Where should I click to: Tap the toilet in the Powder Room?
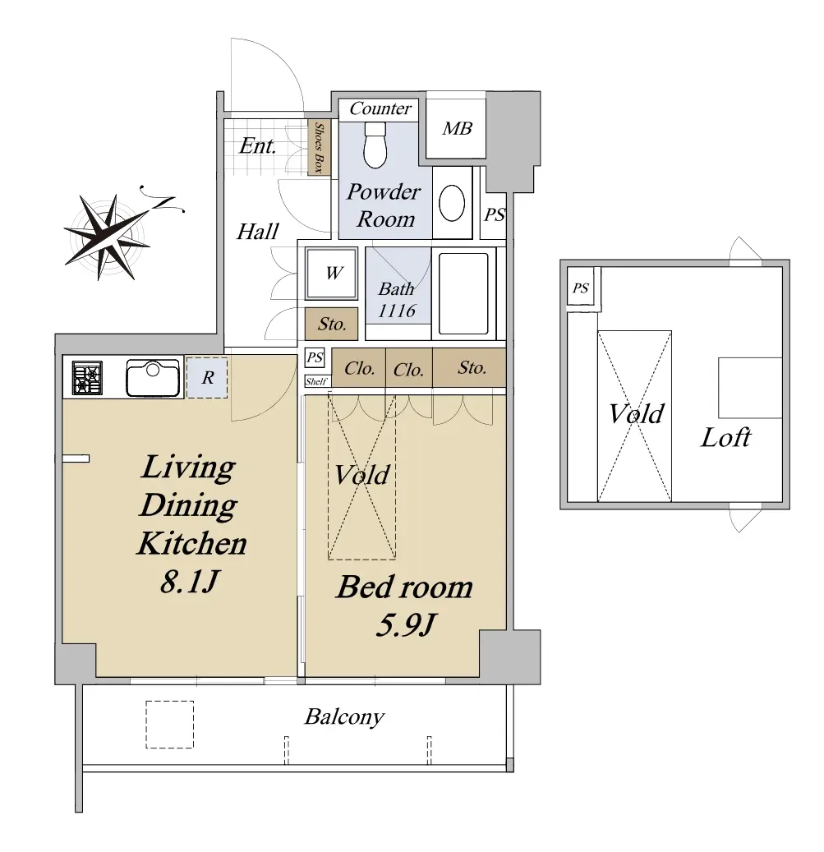(375, 144)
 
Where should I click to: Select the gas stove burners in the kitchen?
(87, 378)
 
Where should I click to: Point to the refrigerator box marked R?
(207, 377)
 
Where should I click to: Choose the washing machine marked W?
(331, 273)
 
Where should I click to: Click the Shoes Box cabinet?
(320, 148)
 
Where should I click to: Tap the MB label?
(457, 128)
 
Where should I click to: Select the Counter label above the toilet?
(380, 108)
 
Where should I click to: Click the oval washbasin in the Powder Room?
(451, 203)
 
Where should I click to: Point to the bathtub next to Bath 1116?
(463, 293)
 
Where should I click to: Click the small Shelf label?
(316, 381)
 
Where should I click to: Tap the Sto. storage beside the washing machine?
(331, 324)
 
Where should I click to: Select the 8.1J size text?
(189, 582)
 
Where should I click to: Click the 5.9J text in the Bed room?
(405, 625)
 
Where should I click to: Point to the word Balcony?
(344, 716)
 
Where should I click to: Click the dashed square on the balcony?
(169, 725)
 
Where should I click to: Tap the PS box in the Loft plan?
(581, 288)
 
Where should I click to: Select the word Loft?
(725, 437)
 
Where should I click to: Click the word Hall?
(257, 232)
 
